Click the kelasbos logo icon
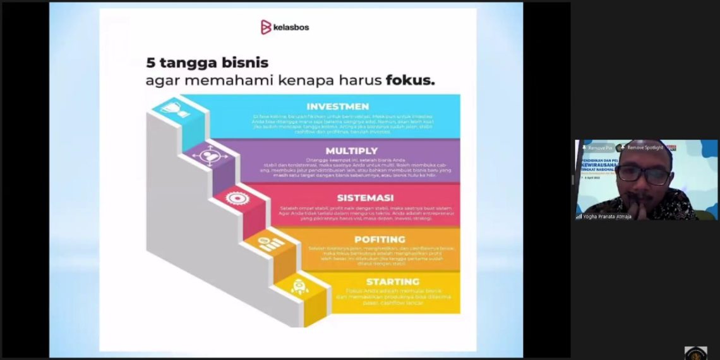tap(266, 27)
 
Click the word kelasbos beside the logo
tap(292, 28)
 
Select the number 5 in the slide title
tap(150, 63)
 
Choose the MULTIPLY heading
tap(351, 151)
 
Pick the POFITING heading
tap(380, 239)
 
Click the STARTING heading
tap(392, 281)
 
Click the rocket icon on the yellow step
tap(299, 287)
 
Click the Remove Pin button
tap(597, 147)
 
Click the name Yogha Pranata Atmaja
tap(607, 216)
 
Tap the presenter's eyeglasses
tap(644, 175)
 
